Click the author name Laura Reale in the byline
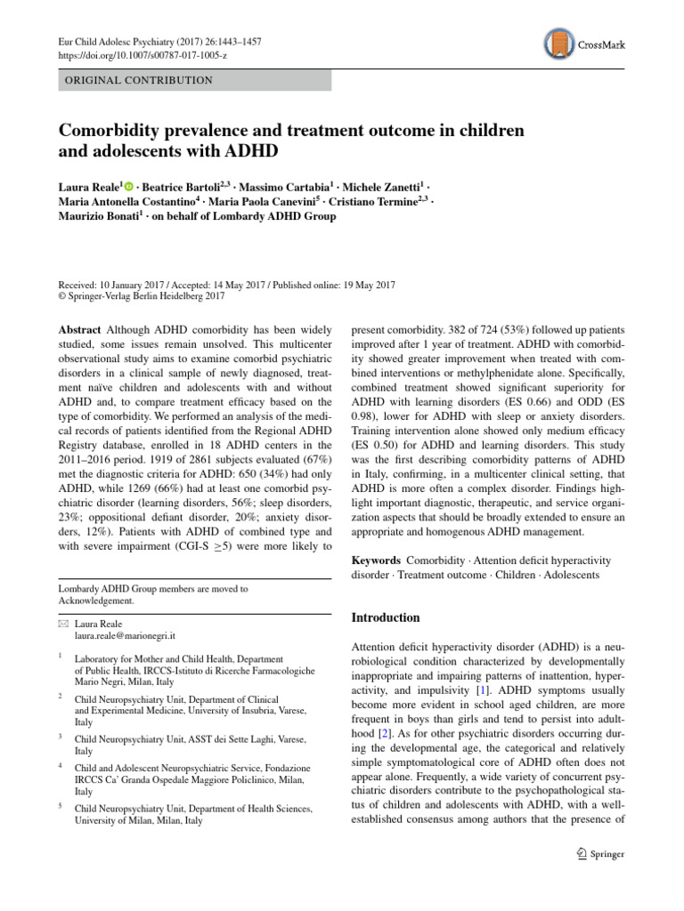(88, 186)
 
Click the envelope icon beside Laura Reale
(64, 625)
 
